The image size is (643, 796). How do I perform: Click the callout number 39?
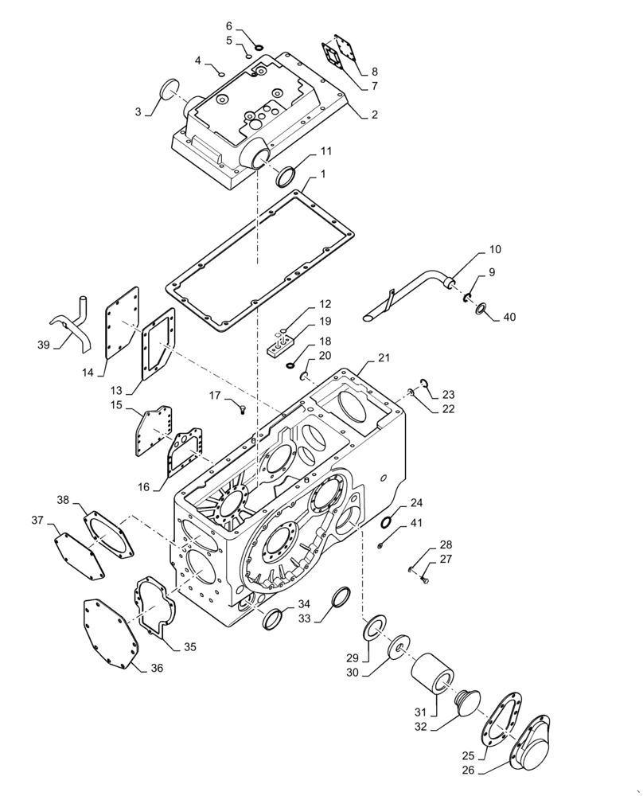click(44, 345)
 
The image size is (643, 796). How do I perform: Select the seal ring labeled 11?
click(286, 177)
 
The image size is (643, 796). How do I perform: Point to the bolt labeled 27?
click(423, 580)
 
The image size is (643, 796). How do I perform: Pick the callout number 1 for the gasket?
click(323, 174)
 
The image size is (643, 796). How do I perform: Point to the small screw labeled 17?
click(243, 410)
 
